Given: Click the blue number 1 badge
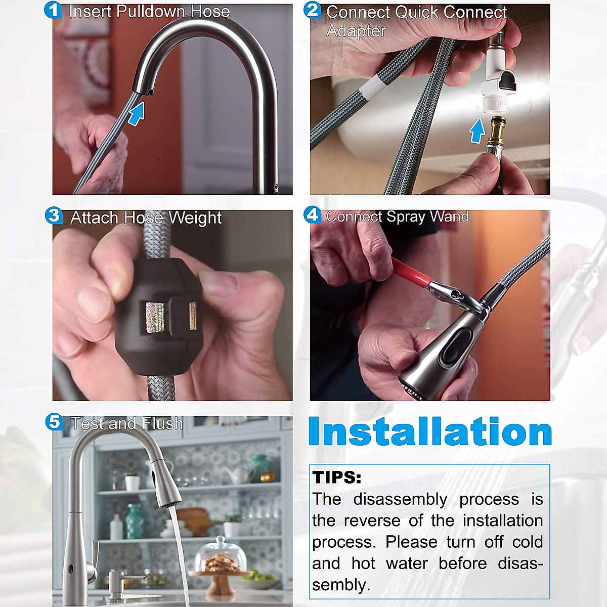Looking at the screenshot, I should click(53, 11).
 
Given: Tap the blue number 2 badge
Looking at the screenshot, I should click(313, 10).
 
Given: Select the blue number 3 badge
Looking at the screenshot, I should click(53, 215).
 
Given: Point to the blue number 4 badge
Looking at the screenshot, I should click(313, 215).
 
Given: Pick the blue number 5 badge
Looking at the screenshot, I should click(54, 421).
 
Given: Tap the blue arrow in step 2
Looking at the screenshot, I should click(476, 131).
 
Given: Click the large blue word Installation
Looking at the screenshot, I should click(430, 432).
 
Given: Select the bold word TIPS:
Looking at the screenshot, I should click(337, 478).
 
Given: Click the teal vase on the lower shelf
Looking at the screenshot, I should click(134, 521).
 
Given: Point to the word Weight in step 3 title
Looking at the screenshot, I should click(195, 218).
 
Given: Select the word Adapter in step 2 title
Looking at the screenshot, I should click(356, 31).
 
